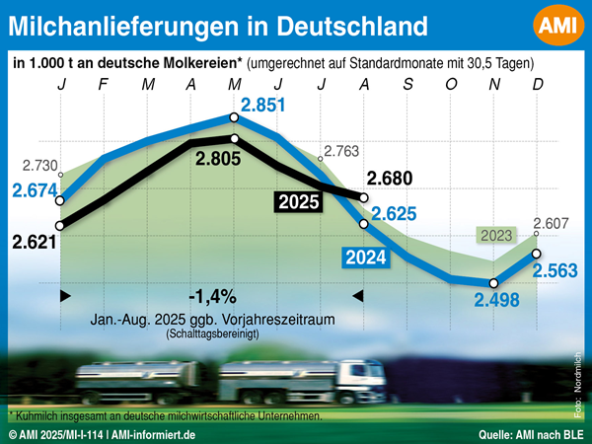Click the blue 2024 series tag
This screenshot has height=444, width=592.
pos(365,259)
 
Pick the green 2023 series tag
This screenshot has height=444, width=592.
pos(495,235)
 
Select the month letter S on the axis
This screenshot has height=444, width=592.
pos(407,84)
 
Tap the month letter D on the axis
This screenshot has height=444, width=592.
pos(538,84)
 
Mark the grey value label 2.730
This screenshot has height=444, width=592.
pos(40,165)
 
